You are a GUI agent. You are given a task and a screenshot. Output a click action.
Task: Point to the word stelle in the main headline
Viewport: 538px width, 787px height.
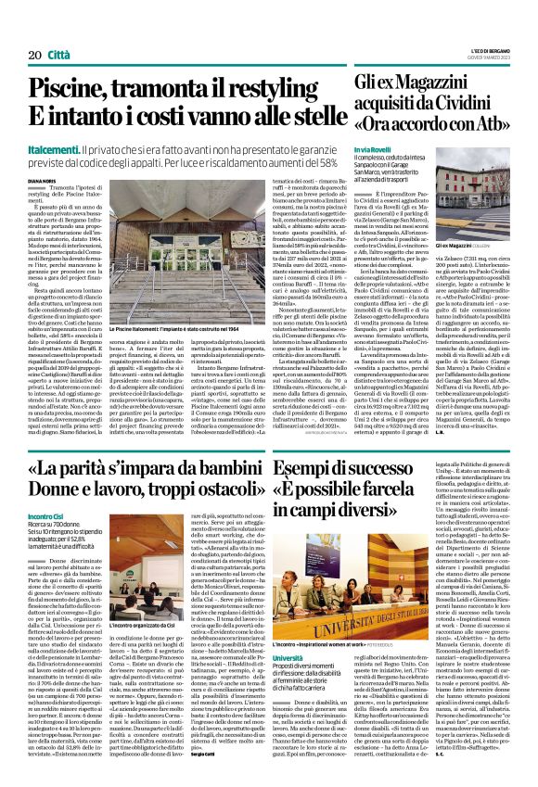tap(301, 121)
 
